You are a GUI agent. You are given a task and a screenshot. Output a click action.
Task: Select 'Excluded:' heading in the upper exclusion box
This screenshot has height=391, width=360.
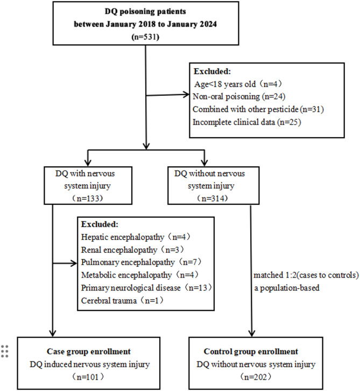(x=210, y=72)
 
